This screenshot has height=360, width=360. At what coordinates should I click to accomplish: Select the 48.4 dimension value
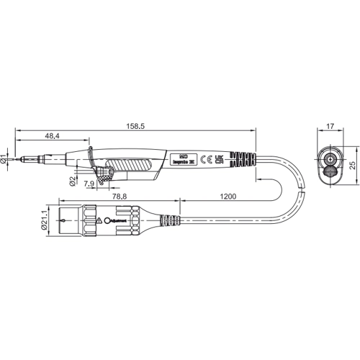click(x=51, y=136)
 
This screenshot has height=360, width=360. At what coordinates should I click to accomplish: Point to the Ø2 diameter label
click(x=73, y=179)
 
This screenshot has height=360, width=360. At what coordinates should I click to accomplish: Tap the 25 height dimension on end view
click(x=352, y=165)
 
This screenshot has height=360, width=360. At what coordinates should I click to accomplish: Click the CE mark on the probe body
click(x=204, y=160)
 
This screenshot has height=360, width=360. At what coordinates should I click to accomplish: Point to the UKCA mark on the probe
click(x=220, y=160)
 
